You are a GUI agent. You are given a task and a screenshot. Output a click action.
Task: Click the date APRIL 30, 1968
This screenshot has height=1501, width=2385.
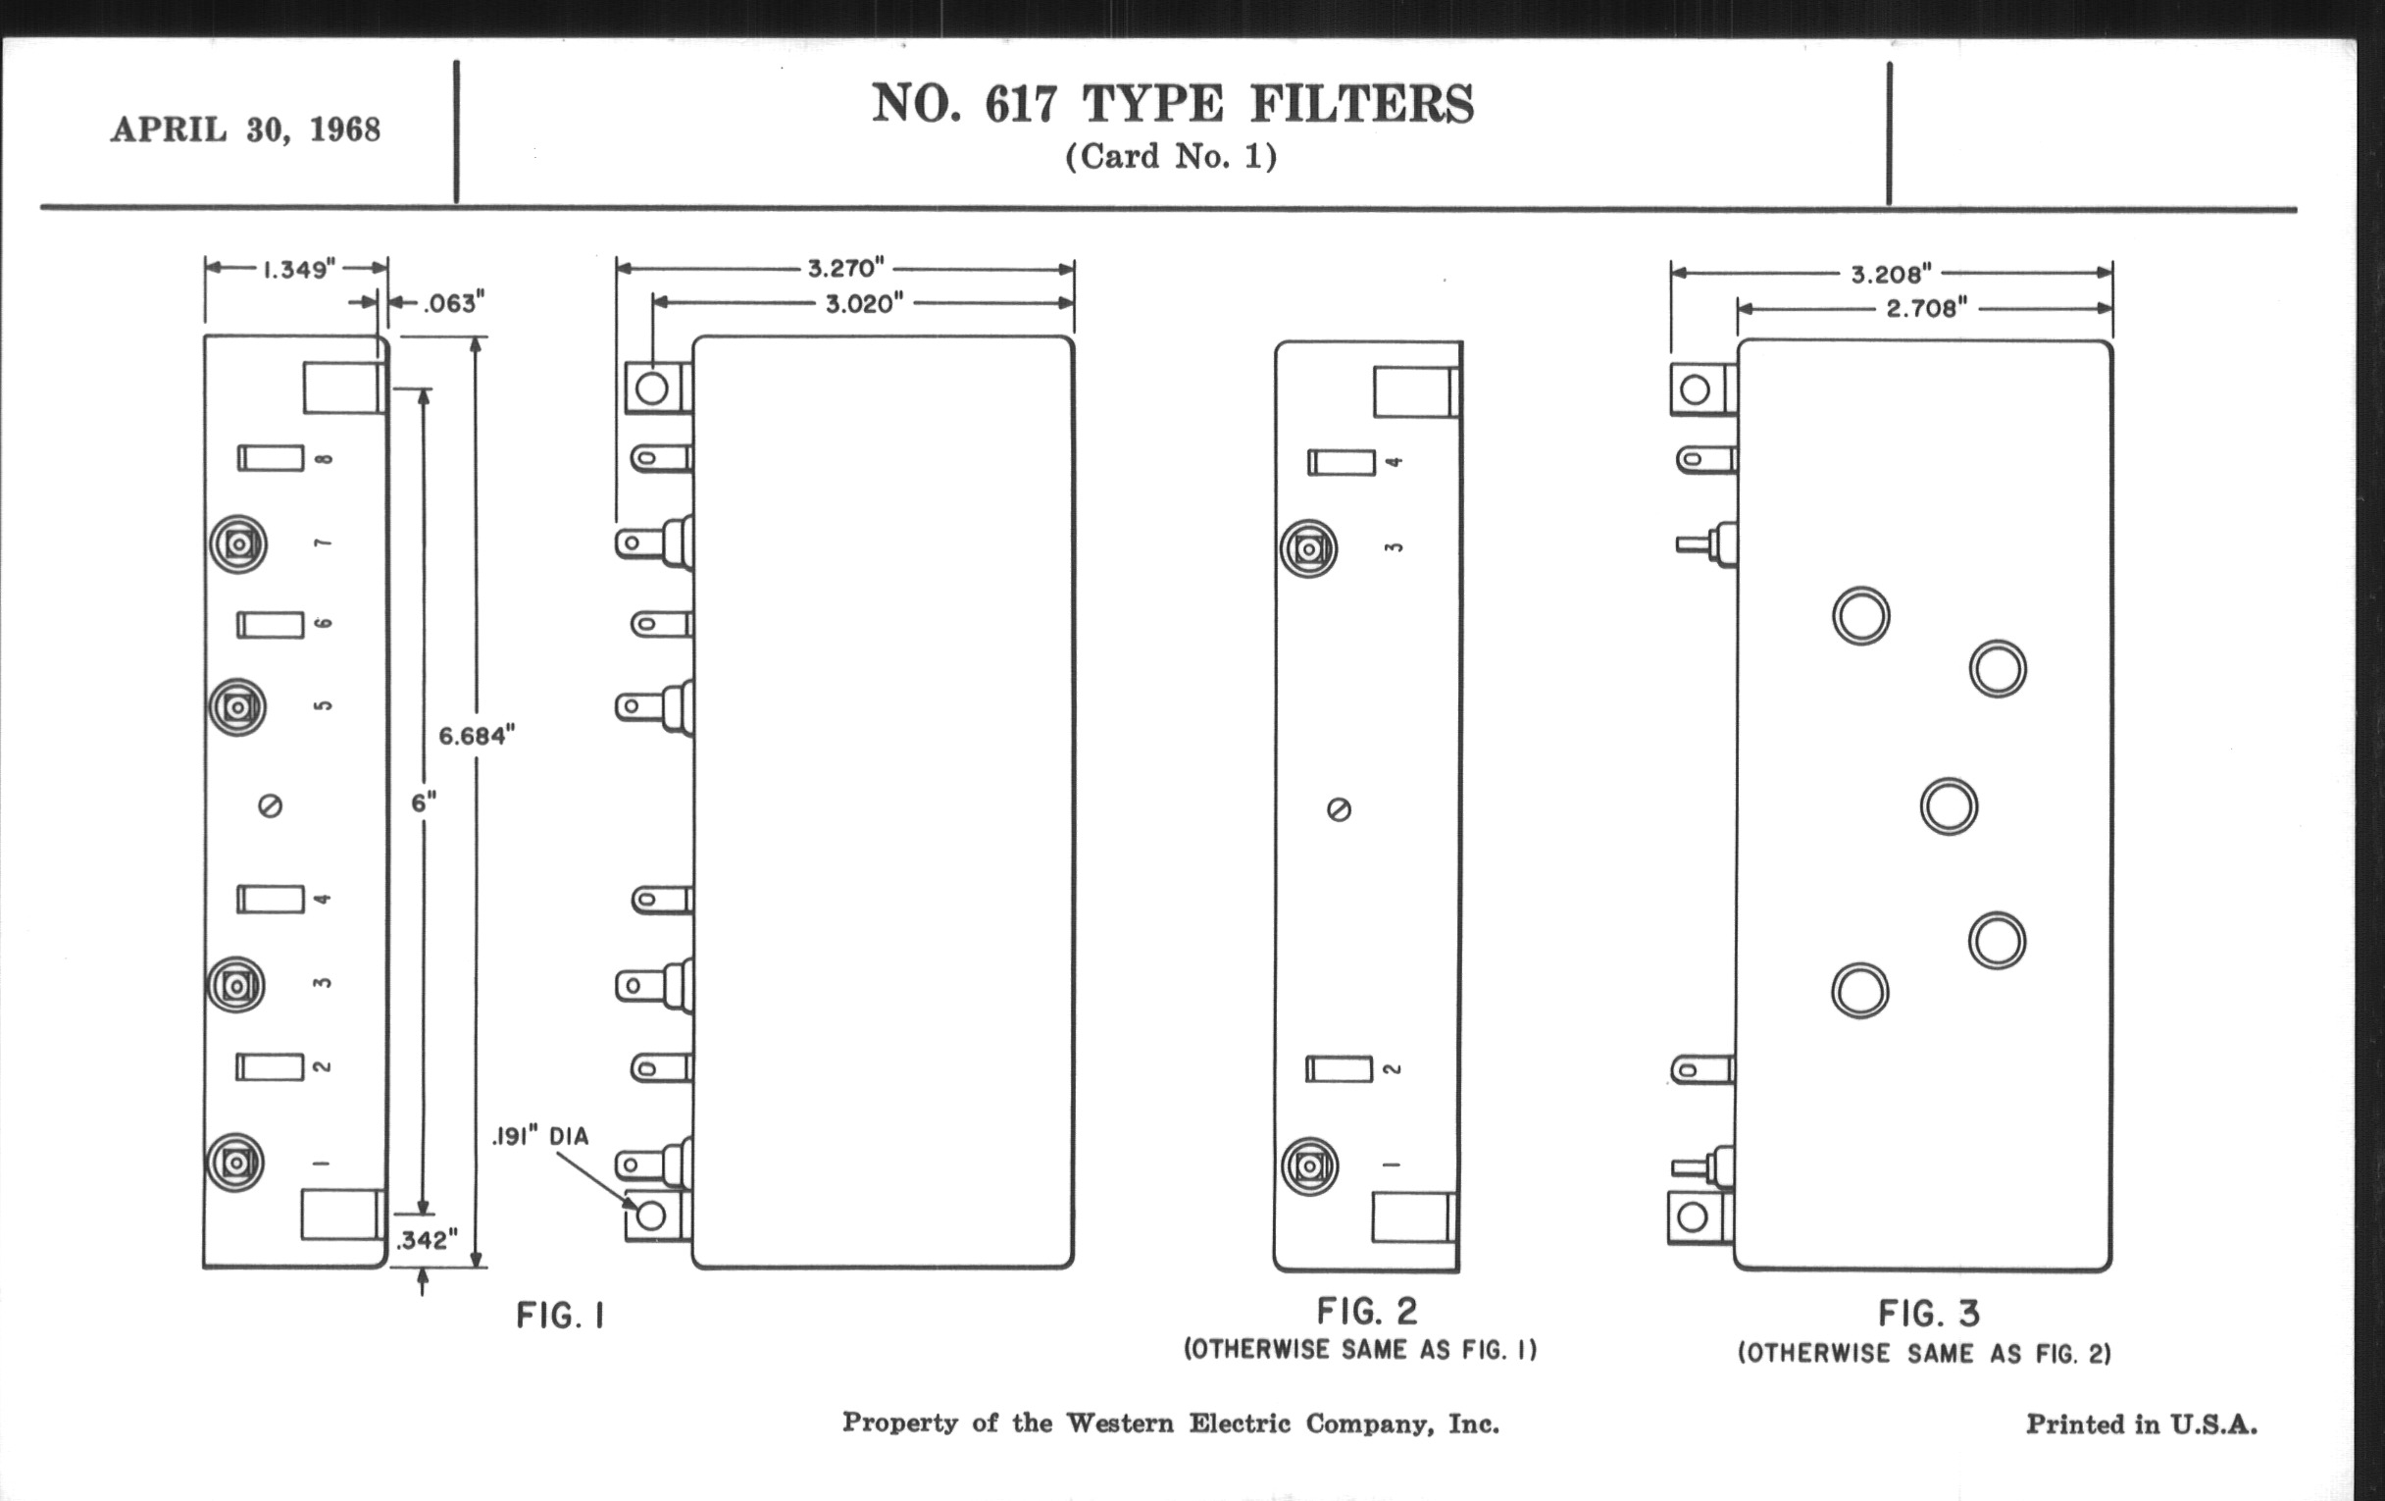tap(245, 129)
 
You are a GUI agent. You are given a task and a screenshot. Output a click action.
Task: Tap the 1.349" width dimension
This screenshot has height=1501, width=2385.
tap(299, 270)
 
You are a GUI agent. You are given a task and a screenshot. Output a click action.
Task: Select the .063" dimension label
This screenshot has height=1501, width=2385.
tap(454, 303)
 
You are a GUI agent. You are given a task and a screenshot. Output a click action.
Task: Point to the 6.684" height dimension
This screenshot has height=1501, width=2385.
tap(478, 735)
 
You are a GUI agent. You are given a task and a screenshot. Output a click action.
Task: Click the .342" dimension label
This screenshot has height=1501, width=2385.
tap(427, 1240)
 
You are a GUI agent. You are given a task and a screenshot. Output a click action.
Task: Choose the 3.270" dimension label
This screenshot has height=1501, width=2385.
tap(845, 269)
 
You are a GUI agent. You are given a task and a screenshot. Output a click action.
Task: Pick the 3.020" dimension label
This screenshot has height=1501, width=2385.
tap(865, 303)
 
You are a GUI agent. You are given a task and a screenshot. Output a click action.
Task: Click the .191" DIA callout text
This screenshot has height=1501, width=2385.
tap(540, 1136)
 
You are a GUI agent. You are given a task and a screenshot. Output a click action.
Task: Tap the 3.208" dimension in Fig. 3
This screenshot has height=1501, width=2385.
tap(1892, 275)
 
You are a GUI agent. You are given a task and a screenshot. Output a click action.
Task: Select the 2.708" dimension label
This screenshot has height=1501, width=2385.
tap(1926, 309)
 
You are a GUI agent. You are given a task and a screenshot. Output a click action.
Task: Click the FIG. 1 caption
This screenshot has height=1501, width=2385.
tap(561, 1316)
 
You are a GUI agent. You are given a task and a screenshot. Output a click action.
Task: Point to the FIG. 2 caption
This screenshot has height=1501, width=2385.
tap(1367, 1312)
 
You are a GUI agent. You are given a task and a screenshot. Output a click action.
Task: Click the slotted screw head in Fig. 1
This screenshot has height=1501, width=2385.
tap(271, 806)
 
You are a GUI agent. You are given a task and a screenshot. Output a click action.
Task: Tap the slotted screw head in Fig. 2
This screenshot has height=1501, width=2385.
tap(1338, 810)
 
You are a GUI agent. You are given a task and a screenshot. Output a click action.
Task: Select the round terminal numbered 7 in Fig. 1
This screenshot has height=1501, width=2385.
tap(237, 543)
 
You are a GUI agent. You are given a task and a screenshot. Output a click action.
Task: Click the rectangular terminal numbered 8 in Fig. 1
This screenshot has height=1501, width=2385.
tap(271, 458)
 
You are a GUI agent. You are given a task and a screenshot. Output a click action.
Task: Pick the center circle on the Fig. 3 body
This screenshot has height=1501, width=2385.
tap(1950, 806)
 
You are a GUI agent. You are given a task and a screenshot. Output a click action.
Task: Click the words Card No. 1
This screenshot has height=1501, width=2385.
tap(1171, 157)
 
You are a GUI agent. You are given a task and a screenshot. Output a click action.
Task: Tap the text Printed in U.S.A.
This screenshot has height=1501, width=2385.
tap(2142, 1424)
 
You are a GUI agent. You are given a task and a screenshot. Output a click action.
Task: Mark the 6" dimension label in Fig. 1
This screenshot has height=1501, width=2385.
tap(424, 802)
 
